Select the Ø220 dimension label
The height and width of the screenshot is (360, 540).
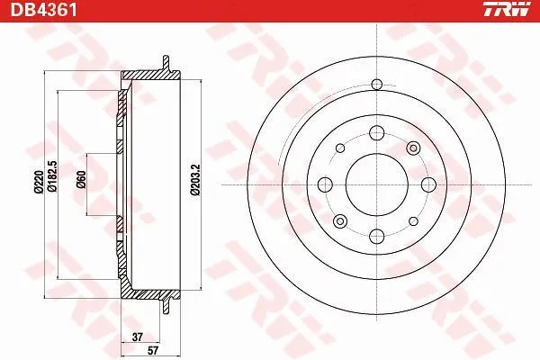click(38, 184)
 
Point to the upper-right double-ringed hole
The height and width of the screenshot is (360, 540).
click(413, 148)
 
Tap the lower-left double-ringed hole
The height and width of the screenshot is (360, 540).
click(339, 220)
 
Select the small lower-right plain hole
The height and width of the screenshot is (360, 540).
click(411, 219)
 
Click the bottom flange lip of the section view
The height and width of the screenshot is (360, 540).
click(166, 301)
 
